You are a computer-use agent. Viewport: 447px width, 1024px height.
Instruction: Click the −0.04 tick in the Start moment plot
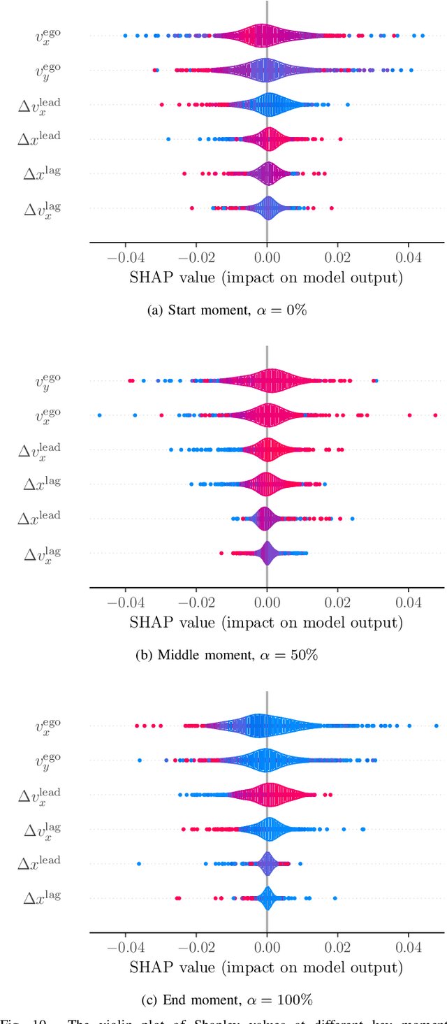[x=125, y=255]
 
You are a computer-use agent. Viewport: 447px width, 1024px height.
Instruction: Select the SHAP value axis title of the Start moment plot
[x=266, y=278]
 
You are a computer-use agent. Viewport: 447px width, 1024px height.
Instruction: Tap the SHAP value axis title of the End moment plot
[x=266, y=967]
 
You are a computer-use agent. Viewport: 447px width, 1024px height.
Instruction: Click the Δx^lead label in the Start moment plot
[x=39, y=138]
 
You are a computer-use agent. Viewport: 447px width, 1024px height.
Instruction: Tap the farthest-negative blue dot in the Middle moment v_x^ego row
[x=99, y=415]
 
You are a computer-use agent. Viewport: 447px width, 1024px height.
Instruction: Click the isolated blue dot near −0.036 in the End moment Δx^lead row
[x=139, y=863]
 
